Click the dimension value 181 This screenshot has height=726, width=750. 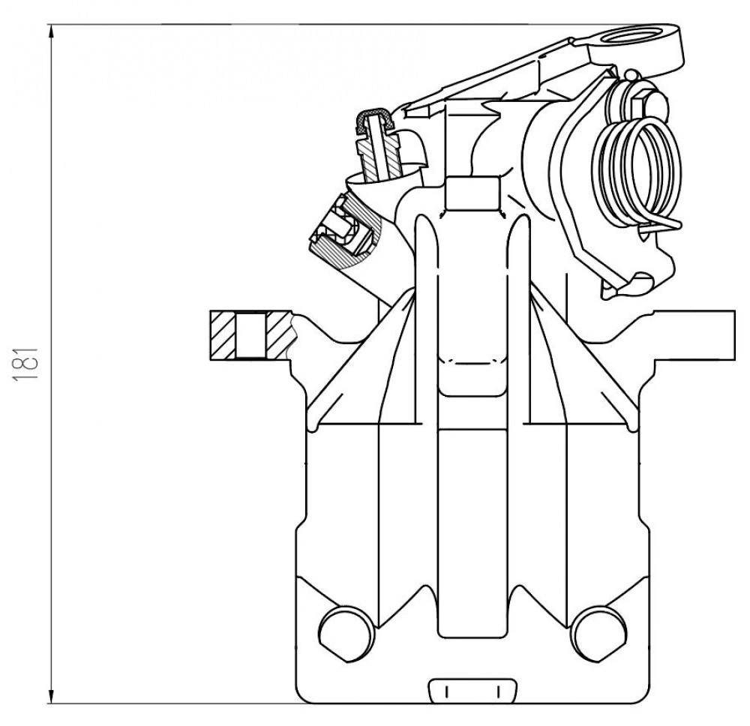25,364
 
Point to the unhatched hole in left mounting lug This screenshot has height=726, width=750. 250,335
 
